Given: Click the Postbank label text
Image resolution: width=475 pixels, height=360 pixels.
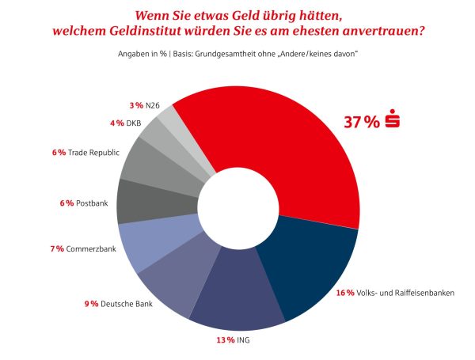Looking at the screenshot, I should (92, 203).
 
